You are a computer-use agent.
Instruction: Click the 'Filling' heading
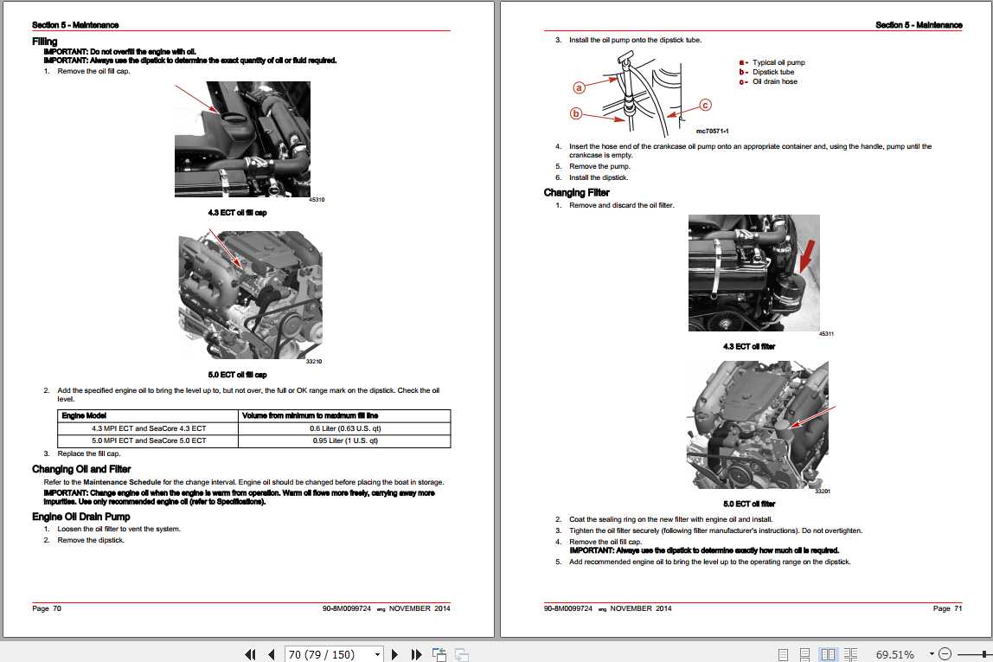pos(45,41)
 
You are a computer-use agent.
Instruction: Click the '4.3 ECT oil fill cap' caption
pos(237,212)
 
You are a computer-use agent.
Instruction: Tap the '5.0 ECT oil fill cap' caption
pos(237,375)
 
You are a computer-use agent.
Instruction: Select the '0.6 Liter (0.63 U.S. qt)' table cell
pos(345,428)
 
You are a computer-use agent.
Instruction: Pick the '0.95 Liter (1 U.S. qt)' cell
pos(345,440)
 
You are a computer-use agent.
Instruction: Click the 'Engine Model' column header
pos(84,416)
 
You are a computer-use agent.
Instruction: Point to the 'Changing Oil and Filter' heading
pos(81,469)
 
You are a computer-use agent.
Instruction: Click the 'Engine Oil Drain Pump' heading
pos(81,517)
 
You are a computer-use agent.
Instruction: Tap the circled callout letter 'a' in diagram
pos(580,87)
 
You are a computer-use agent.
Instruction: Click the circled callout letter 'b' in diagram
pos(576,113)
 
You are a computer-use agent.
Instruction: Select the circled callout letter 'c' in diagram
pos(704,105)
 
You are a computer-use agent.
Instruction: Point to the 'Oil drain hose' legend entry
pos(774,81)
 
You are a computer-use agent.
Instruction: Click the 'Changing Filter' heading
pos(576,192)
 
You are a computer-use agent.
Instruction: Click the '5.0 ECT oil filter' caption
pos(749,504)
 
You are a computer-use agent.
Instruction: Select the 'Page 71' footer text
pos(947,608)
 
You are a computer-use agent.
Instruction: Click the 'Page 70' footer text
pos(47,608)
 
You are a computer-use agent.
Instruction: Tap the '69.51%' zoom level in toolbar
pos(894,654)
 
